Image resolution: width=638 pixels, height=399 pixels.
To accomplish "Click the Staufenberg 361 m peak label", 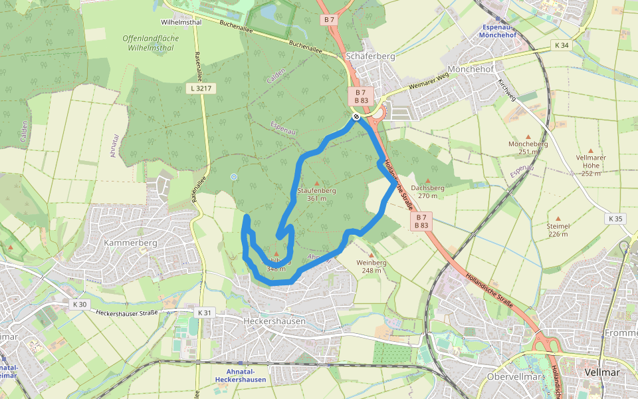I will [x=316, y=194].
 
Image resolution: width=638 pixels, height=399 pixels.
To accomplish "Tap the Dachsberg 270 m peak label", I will [x=428, y=192].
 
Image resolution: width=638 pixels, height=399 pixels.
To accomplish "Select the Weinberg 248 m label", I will [x=371, y=266].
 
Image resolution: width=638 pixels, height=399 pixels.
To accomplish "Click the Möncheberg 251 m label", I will [x=528, y=147].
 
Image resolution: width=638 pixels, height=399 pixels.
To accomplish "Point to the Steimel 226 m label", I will [x=558, y=229].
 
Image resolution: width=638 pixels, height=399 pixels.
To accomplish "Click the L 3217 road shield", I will [x=200, y=88].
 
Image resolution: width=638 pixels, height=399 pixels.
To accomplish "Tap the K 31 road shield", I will [x=204, y=312].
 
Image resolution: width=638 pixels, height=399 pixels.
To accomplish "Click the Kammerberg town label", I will [x=130, y=243].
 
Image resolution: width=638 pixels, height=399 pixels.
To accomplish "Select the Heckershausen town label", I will [x=274, y=321].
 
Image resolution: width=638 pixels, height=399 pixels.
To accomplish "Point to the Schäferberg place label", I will [x=370, y=57].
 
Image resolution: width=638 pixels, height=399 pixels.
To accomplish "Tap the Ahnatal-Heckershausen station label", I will [x=241, y=376].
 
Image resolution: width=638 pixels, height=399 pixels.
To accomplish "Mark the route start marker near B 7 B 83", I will [x=356, y=116].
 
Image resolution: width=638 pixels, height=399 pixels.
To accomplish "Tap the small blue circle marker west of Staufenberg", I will [x=233, y=176].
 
